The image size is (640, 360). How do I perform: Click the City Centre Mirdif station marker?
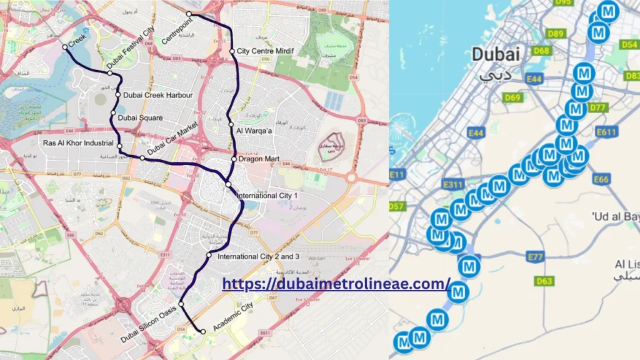coord(232,51)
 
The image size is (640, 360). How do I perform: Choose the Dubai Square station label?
coord(143,117)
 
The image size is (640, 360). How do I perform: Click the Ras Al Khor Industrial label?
coord(78,143)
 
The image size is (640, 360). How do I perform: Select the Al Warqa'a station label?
coord(253,131)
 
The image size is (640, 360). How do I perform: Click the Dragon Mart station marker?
coord(234,159)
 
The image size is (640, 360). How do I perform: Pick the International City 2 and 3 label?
coord(259,256)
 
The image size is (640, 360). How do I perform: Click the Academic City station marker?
coord(203,331)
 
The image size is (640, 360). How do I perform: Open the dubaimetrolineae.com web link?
coord(336,284)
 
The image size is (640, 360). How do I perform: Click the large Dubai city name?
coord(496,54)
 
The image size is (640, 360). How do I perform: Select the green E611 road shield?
coord(607,132)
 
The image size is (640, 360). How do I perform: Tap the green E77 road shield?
coord(536,257)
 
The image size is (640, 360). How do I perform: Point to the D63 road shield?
coord(544,281)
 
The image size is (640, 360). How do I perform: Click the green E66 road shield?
coord(601,179)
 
